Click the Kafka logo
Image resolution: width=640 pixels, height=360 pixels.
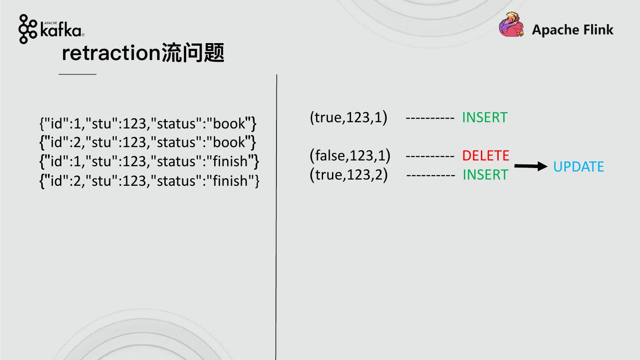tap(51, 29)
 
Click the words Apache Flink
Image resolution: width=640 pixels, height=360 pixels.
tap(572, 30)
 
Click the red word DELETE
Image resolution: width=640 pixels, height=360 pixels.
tap(485, 156)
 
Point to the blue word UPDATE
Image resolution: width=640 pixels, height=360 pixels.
tap(578, 167)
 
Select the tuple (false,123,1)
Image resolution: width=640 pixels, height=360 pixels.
tap(350, 156)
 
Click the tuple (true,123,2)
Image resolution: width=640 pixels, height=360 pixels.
tap(348, 175)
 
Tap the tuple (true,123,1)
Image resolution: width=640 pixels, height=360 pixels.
tap(348, 117)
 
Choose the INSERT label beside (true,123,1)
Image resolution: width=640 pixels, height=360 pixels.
tap(484, 117)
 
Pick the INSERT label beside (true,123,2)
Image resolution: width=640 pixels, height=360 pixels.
tap(485, 175)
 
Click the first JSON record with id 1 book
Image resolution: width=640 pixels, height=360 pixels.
tap(148, 123)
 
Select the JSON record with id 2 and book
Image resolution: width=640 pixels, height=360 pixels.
tap(148, 142)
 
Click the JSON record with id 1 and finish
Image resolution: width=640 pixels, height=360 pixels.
tap(149, 161)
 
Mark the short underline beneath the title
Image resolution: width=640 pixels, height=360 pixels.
tap(77, 74)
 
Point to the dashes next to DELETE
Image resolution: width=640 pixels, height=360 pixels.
tap(430, 156)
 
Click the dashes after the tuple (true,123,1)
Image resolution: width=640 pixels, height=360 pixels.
tap(430, 118)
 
